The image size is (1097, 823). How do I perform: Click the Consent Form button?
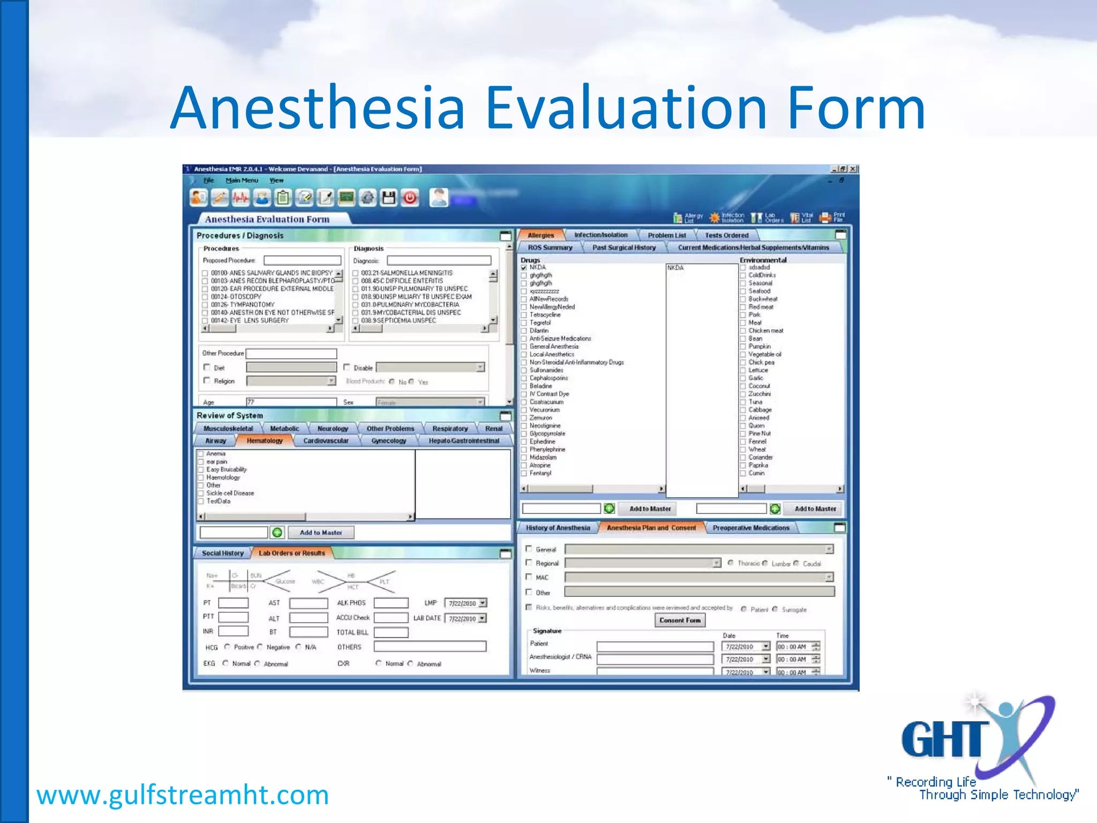click(x=680, y=620)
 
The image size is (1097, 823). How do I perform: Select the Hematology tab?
click(x=265, y=440)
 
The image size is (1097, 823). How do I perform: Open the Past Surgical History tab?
click(x=623, y=248)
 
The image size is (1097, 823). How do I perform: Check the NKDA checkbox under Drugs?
click(x=524, y=267)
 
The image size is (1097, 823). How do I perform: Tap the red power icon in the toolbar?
click(x=410, y=198)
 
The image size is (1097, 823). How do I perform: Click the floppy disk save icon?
click(x=388, y=198)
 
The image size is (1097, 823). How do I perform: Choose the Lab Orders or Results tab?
click(x=292, y=553)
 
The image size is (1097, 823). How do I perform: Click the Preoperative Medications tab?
click(x=751, y=528)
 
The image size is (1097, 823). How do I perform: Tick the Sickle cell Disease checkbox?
click(x=201, y=493)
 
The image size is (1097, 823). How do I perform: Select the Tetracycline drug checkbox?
click(x=524, y=315)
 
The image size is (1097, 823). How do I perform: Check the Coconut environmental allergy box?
click(x=743, y=386)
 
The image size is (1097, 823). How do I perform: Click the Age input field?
click(x=291, y=402)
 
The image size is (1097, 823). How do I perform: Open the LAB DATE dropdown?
click(x=483, y=618)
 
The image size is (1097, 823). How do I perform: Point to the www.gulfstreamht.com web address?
click(x=183, y=795)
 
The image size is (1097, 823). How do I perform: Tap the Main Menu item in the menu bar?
click(x=242, y=181)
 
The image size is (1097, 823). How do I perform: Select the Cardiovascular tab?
click(x=326, y=440)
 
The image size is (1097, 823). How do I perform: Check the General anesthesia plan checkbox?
click(x=529, y=549)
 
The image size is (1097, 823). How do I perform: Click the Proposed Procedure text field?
click(x=302, y=260)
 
